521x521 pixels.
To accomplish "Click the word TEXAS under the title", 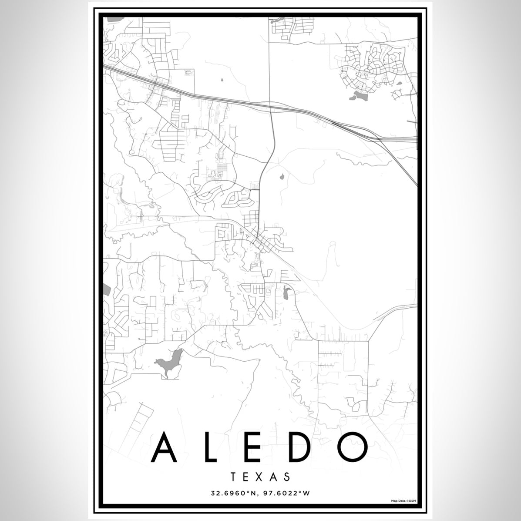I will [261, 477].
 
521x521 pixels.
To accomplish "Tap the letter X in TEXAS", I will [261, 477].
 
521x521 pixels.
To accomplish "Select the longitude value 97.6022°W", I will [288, 493].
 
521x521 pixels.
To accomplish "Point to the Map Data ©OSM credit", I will [403, 501].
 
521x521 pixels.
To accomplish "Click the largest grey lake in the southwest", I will [169, 362].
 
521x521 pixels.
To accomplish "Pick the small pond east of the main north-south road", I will [282, 177].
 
